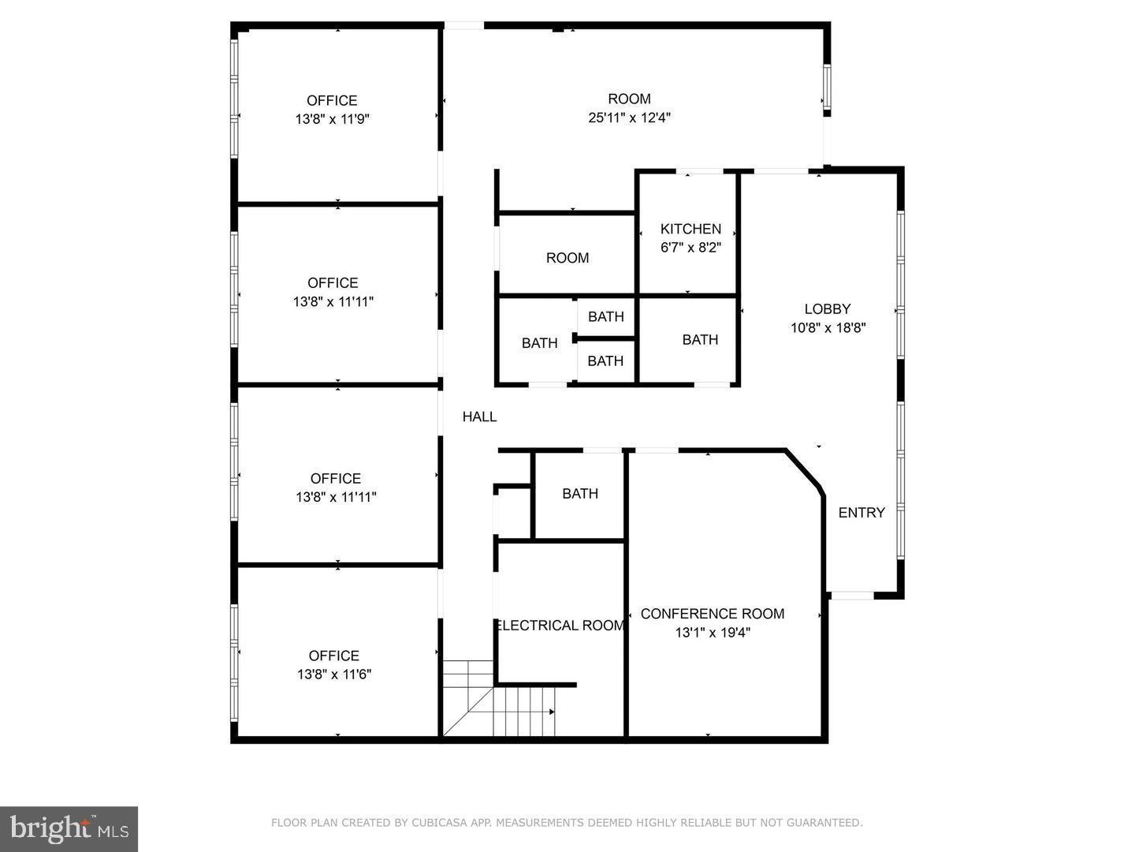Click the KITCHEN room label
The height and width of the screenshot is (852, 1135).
690,229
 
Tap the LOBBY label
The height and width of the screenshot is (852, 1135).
828,308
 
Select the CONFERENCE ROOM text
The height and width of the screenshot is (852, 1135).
712,614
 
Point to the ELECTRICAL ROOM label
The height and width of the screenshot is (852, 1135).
560,626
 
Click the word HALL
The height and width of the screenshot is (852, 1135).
479,417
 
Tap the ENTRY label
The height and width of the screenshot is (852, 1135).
861,513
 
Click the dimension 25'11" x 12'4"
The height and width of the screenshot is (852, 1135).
629,118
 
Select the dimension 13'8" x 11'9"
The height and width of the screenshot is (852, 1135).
332,119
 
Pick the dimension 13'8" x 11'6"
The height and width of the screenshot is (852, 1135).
334,674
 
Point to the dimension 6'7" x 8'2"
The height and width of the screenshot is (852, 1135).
690,247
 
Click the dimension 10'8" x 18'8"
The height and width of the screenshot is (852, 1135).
828,327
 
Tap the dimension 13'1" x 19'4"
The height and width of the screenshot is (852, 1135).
712,632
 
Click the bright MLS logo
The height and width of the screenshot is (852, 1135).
69,828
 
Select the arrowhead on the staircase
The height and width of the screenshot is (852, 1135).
552,712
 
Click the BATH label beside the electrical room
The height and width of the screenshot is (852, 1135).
580,494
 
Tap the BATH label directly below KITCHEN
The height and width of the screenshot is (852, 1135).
700,339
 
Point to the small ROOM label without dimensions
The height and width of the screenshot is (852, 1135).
567,258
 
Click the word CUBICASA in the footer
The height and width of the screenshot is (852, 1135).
435,823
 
